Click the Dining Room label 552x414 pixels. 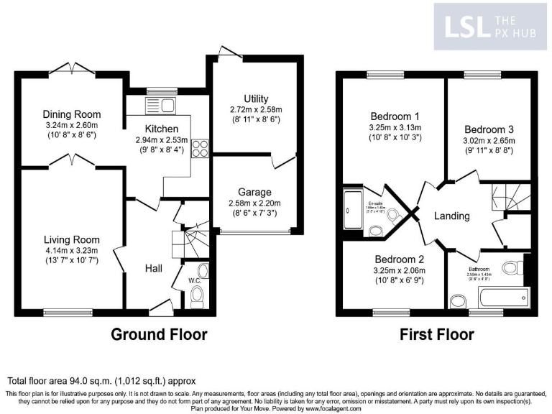[71, 114]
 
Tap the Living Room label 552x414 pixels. [71, 239]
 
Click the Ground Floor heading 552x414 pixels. [159, 334]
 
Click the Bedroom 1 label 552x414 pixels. [395, 116]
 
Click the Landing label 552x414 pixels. [452, 216]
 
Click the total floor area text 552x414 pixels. [101, 380]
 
